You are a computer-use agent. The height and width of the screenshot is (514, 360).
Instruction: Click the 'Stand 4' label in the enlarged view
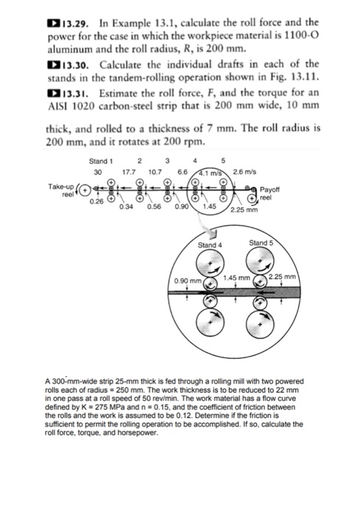[211, 245]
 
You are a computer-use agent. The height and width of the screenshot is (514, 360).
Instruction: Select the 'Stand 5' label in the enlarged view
[262, 242]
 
